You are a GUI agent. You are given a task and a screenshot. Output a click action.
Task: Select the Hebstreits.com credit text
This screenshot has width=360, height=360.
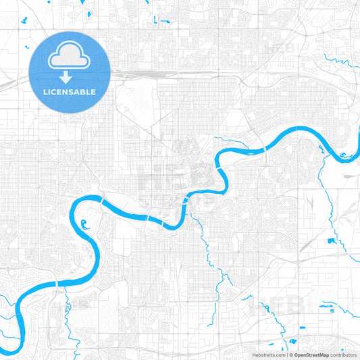click(269, 355)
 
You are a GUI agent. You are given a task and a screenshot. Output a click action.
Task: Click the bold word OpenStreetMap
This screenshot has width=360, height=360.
click(311, 355)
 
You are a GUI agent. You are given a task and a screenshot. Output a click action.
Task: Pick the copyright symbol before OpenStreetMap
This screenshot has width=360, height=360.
click(290, 355)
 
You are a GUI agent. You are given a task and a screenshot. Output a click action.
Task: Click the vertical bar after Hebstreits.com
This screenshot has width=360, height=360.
click(286, 355)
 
